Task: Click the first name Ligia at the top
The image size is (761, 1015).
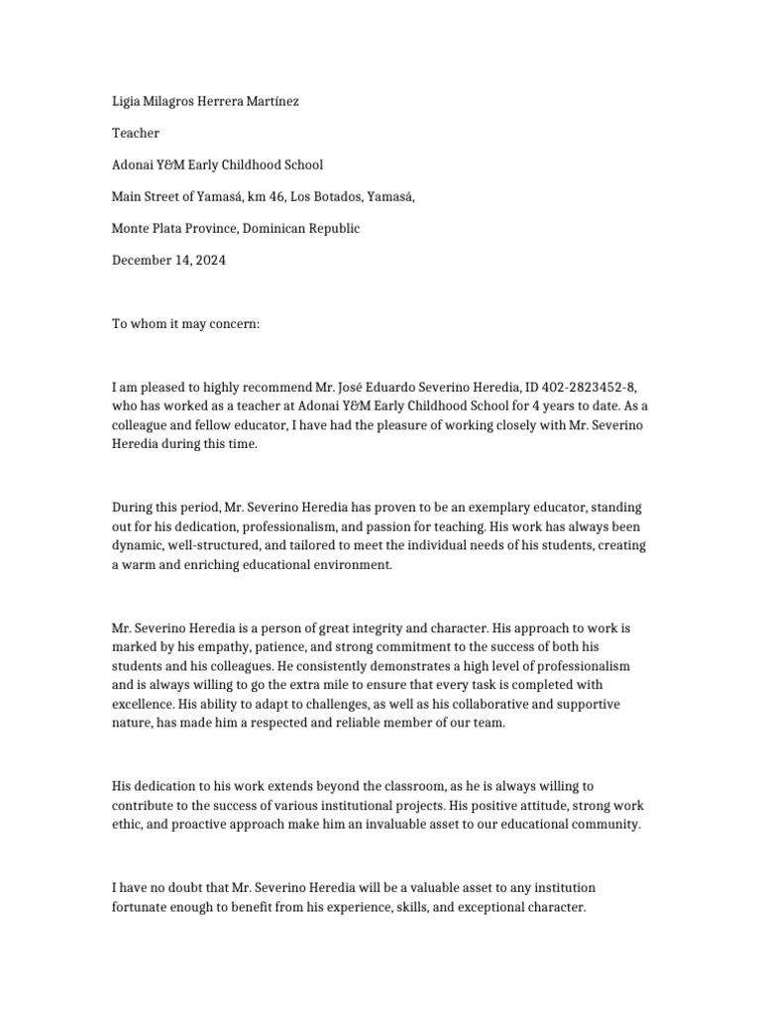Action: (x=127, y=102)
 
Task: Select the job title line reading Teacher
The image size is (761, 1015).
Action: (x=136, y=134)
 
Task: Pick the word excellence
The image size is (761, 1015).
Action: (x=144, y=703)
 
